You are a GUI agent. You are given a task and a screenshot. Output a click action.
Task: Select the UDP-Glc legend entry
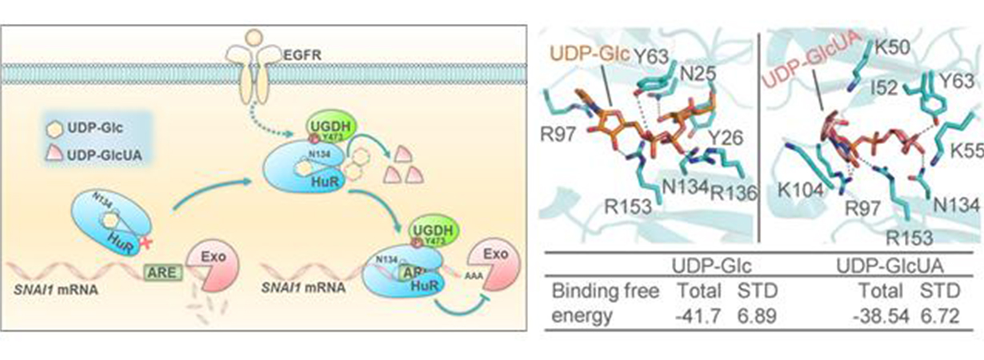click(89, 126)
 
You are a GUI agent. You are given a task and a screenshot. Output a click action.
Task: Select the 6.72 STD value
click(940, 314)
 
